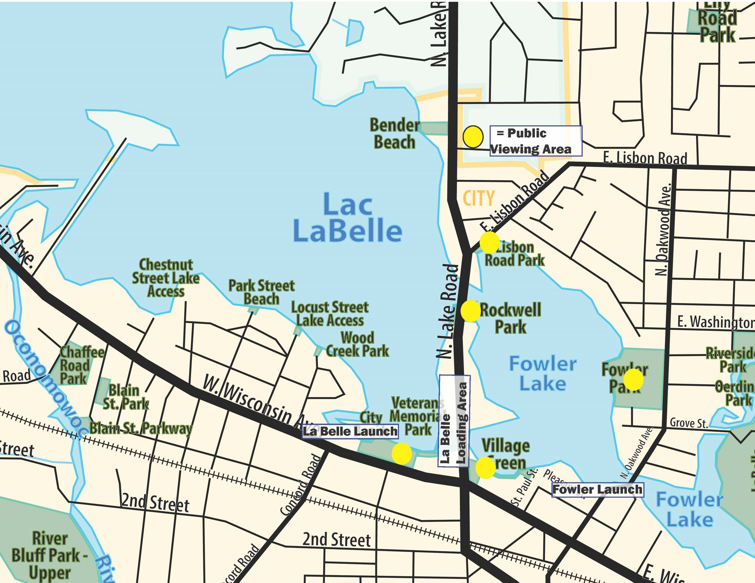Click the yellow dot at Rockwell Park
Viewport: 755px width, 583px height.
click(470, 311)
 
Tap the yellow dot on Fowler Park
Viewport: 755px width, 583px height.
click(633, 379)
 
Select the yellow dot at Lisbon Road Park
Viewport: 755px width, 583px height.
click(489, 242)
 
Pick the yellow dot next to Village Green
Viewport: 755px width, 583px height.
click(485, 467)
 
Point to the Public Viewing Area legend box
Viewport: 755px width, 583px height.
click(535, 141)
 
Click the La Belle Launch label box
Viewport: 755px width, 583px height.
click(350, 432)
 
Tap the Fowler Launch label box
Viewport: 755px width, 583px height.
click(597, 489)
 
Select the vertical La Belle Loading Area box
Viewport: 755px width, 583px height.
click(454, 421)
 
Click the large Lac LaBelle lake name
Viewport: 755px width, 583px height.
click(347, 218)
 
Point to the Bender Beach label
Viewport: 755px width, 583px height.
click(394, 134)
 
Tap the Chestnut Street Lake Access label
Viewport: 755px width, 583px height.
click(166, 278)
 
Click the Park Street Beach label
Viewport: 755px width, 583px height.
click(261, 292)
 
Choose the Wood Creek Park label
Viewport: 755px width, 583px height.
click(357, 344)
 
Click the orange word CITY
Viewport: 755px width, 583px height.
click(479, 198)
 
